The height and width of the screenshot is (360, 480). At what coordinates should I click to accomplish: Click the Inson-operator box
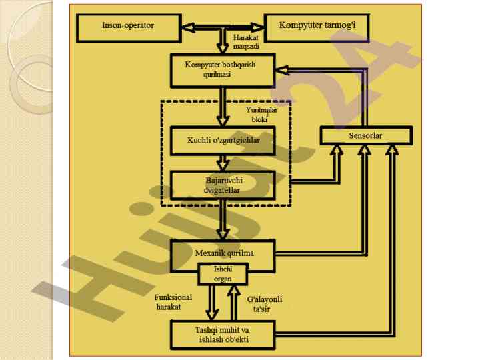[129, 26]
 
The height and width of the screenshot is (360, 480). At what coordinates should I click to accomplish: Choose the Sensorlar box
[365, 136]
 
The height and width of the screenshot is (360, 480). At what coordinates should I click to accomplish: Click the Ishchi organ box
[223, 274]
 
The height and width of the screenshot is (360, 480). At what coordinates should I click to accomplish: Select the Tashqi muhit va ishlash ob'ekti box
[223, 334]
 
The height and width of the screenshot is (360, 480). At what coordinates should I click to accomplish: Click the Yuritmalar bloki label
[256, 114]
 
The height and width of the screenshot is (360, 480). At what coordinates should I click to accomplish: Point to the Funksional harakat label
[173, 302]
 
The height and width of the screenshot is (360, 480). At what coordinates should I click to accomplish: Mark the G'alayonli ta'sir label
[264, 304]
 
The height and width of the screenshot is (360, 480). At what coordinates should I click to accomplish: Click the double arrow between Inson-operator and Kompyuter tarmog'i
[222, 27]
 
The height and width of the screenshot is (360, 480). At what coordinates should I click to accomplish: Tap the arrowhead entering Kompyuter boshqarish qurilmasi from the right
[283, 68]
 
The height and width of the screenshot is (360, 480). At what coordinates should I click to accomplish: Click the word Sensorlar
[365, 136]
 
